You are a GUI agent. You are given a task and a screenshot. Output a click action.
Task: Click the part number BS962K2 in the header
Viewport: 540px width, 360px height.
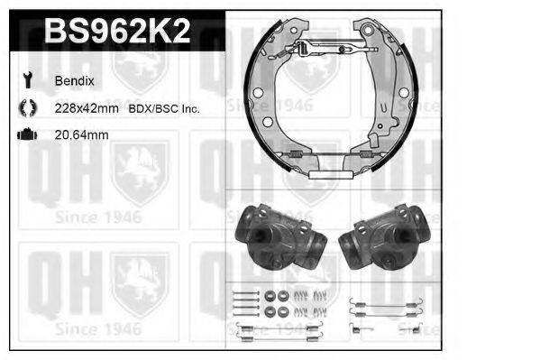click(x=116, y=32)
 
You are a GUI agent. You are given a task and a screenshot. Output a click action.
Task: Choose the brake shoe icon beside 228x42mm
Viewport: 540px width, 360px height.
click(x=25, y=108)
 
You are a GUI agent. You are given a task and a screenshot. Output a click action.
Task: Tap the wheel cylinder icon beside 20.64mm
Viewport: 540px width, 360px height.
click(x=25, y=135)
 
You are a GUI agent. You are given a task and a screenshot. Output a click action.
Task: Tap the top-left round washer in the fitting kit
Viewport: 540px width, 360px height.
click(x=270, y=294)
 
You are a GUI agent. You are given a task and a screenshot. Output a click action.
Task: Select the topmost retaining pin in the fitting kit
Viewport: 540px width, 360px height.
click(x=243, y=291)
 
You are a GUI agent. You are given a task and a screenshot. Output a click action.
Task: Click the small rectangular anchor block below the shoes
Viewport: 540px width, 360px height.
click(x=328, y=172)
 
